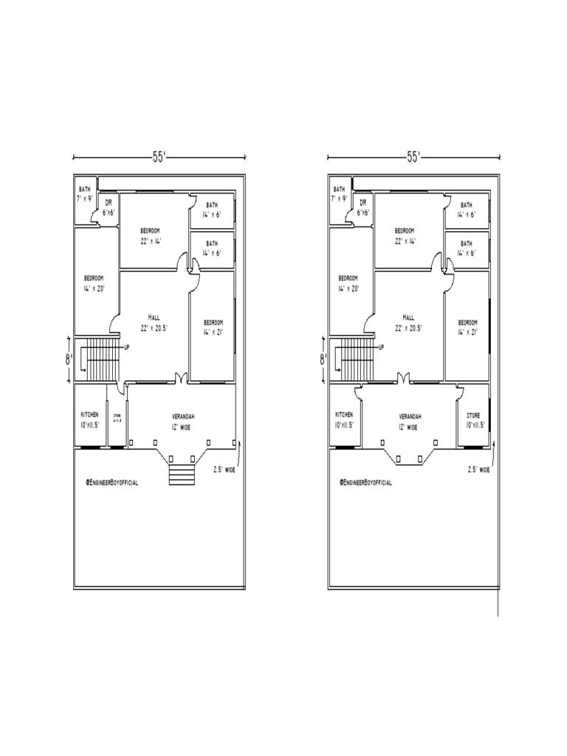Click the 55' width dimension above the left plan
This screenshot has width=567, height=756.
(x=159, y=157)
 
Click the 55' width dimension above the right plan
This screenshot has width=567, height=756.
(x=413, y=157)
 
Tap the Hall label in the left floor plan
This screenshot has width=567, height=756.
(x=154, y=322)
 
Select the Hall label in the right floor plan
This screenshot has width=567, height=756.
(x=408, y=322)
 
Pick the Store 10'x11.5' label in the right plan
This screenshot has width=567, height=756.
(x=472, y=421)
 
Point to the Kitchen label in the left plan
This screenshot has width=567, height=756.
(x=90, y=420)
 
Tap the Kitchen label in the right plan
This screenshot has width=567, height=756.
(x=344, y=420)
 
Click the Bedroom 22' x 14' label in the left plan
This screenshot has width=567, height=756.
(x=151, y=236)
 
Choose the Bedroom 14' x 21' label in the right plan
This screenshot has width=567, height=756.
(x=467, y=327)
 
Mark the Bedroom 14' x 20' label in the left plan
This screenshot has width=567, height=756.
(x=94, y=283)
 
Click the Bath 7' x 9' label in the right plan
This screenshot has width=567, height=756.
(x=339, y=194)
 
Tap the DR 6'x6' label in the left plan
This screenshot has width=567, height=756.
(x=108, y=207)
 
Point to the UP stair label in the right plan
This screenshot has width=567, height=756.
(x=380, y=347)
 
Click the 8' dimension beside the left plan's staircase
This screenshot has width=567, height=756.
(x=69, y=360)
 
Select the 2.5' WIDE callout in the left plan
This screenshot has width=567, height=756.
(x=224, y=469)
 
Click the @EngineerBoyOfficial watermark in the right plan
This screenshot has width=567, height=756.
(x=365, y=482)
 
